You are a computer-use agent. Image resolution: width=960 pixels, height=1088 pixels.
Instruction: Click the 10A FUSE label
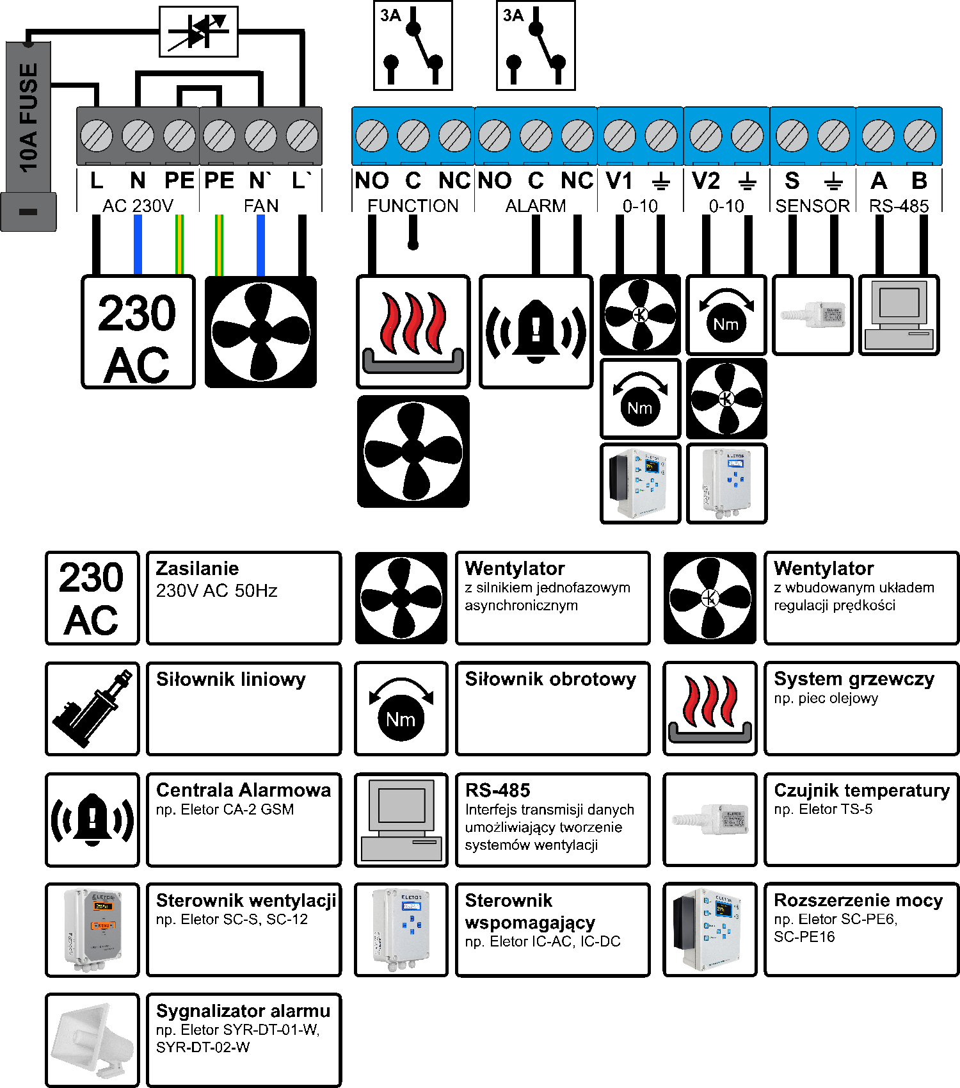tap(29, 118)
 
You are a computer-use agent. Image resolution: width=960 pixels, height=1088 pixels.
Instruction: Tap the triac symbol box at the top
tap(198, 31)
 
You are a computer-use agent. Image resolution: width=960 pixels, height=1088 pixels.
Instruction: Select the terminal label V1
tap(619, 181)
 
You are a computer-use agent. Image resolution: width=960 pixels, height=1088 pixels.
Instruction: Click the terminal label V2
tap(706, 181)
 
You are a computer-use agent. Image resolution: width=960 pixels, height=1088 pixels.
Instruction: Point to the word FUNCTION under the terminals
tap(413, 206)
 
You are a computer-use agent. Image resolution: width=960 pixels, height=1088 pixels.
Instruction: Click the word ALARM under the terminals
tap(536, 206)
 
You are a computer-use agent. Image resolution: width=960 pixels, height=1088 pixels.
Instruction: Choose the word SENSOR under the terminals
tap(813, 206)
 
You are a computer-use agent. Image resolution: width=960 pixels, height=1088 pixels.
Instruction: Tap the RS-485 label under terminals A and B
tap(899, 206)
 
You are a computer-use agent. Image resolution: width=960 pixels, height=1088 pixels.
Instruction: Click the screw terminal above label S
tap(792, 136)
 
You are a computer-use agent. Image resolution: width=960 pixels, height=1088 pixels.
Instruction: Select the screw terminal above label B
tap(920, 136)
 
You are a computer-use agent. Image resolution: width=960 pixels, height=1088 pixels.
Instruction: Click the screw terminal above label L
tap(97, 136)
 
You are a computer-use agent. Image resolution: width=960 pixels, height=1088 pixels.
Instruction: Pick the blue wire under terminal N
tap(138, 245)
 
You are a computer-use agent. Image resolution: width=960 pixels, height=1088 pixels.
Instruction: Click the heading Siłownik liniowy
tap(231, 679)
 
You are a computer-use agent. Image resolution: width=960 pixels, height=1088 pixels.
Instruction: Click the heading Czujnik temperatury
tap(861, 790)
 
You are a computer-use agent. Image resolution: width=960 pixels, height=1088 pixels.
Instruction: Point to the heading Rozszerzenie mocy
tap(858, 900)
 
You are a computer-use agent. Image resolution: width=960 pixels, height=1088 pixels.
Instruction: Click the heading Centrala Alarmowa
tap(243, 790)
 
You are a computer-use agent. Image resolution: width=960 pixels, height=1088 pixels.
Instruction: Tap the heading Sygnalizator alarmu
tap(243, 1011)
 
